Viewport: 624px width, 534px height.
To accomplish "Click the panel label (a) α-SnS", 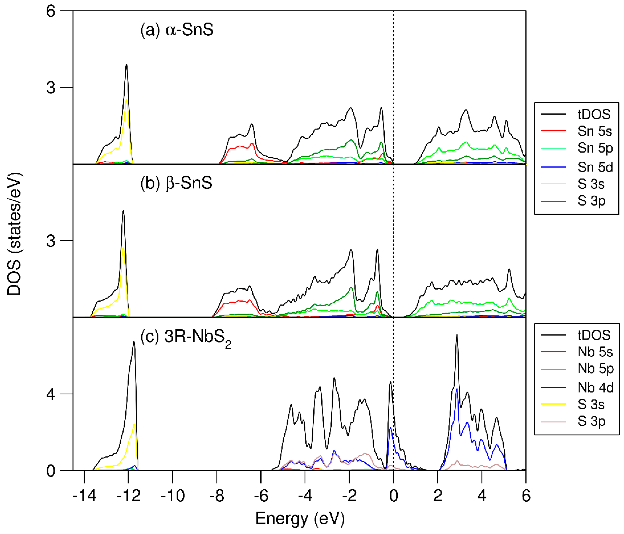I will (x=177, y=30).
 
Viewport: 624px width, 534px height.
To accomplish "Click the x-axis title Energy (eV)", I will (x=300, y=519).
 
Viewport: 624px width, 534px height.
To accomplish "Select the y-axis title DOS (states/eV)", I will (x=14, y=234).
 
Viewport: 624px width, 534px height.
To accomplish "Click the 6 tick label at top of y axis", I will (x=51, y=11).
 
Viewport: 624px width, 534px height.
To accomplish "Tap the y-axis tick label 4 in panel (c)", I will (x=51, y=394).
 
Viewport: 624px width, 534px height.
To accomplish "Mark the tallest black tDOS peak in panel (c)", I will (x=457, y=335).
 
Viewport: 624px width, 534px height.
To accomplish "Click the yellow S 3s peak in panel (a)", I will (x=127, y=100).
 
